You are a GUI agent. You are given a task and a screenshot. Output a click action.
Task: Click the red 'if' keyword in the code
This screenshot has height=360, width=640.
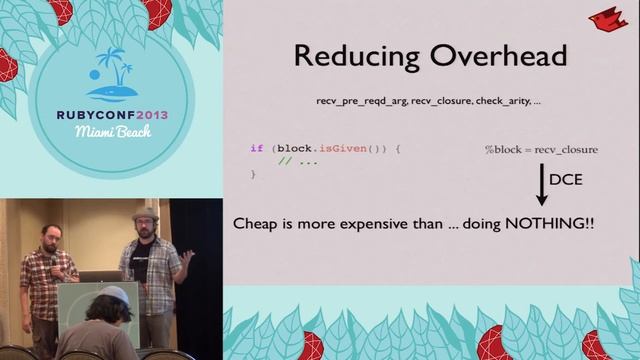coord(256,148)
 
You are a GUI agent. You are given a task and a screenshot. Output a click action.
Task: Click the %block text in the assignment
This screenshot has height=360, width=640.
coord(504,149)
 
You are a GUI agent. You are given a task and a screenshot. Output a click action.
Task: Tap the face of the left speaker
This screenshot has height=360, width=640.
coord(48,236)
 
